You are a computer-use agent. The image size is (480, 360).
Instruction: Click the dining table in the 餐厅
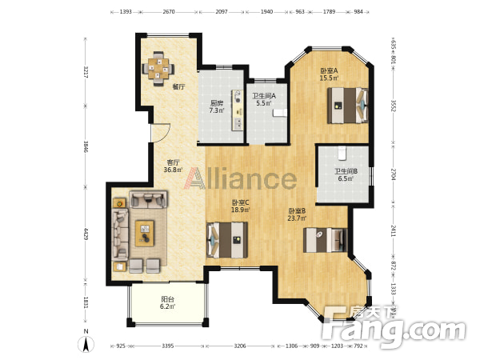click(x=158, y=68)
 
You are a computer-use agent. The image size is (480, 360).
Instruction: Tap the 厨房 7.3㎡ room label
click(x=217, y=107)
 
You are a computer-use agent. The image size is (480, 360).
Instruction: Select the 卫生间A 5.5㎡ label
click(x=264, y=99)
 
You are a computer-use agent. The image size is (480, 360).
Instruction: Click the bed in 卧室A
click(x=348, y=106)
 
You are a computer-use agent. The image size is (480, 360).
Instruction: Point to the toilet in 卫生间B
click(x=342, y=153)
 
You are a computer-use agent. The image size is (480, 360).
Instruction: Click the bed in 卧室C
click(x=227, y=240)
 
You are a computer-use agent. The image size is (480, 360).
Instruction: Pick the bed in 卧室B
click(x=325, y=240)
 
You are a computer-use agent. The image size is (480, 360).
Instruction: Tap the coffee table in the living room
click(x=145, y=234)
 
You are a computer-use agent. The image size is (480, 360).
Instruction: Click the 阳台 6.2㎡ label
click(x=168, y=302)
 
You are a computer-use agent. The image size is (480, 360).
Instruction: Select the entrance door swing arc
click(x=166, y=134)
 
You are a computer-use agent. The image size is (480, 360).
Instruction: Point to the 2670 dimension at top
click(x=169, y=12)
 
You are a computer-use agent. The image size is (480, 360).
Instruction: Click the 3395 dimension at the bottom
click(x=167, y=346)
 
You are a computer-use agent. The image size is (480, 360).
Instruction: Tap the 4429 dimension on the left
click(x=86, y=234)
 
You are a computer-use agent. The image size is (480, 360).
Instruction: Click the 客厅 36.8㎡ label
click(x=174, y=166)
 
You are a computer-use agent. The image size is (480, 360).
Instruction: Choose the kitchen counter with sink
click(x=237, y=110)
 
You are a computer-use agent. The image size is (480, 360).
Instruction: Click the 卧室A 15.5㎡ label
click(x=329, y=74)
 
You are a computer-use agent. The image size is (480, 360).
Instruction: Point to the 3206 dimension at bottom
click(x=240, y=346)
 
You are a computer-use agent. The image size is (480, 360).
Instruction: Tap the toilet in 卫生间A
click(x=279, y=113)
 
